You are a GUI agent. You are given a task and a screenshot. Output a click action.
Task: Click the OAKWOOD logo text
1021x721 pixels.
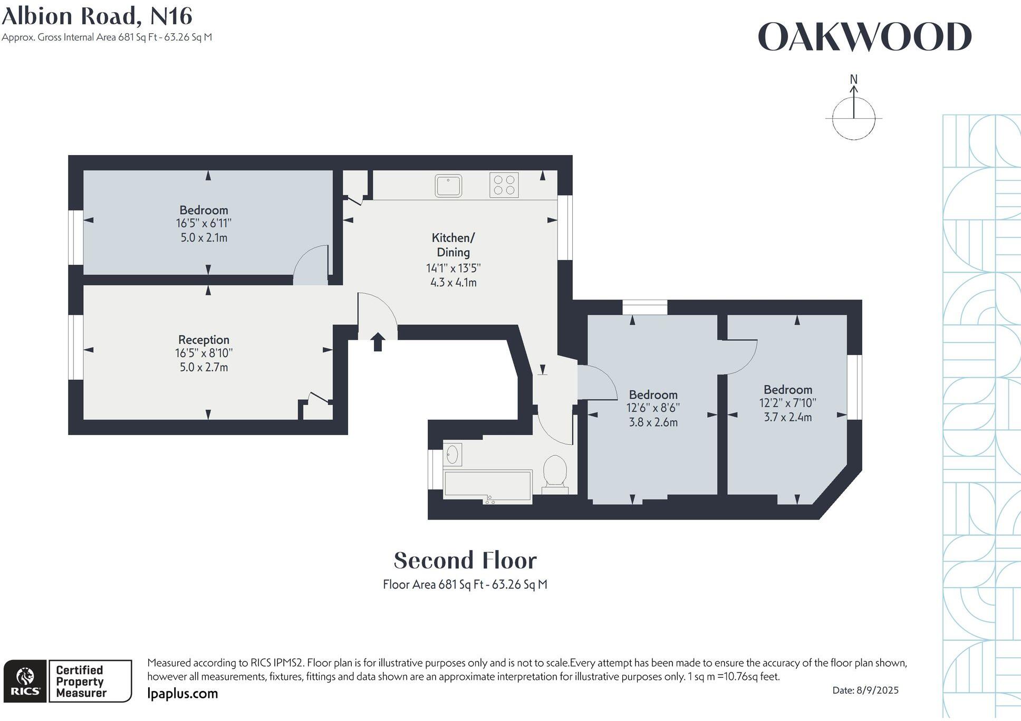point(864,37)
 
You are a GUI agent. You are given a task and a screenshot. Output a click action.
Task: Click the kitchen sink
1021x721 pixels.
point(448,186)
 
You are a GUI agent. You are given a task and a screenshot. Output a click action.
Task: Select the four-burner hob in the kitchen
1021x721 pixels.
point(504,185)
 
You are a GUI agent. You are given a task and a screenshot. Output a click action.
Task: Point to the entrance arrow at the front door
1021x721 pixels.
point(378,342)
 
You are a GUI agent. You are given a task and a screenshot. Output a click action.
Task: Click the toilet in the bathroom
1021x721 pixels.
point(555,472)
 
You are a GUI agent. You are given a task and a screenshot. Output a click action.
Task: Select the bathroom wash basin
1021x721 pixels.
point(452,454)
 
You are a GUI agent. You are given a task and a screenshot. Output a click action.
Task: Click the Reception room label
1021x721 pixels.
point(204,340)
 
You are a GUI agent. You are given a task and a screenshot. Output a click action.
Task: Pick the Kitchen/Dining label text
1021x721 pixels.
point(453,245)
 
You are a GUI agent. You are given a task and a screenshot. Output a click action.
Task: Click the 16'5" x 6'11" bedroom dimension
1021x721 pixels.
point(204,224)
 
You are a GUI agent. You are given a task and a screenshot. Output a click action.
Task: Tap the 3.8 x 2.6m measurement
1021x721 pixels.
point(653,422)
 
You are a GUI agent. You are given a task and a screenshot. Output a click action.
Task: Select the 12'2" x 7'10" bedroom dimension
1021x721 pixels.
point(787,403)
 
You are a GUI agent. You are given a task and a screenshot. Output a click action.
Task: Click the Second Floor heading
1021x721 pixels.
point(465,561)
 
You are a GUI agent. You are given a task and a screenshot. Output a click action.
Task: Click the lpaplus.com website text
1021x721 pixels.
point(182,694)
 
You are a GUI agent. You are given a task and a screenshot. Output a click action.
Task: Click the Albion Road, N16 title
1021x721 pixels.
point(97,16)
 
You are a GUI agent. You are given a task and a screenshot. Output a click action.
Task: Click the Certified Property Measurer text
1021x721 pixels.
point(80,681)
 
